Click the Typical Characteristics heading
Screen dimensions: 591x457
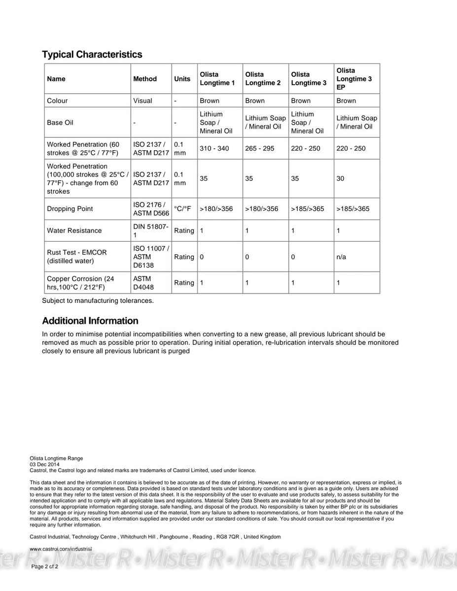tap(92, 55)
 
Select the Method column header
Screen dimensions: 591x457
tap(145, 79)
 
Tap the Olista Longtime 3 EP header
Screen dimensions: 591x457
tap(354, 79)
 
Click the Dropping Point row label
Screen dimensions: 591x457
tap(70, 209)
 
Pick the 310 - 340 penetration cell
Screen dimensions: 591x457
tap(214, 148)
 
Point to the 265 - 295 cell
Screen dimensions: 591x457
tap(260, 148)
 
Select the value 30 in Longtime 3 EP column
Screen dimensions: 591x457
tap(341, 179)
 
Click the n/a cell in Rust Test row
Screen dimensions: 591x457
tap(342, 257)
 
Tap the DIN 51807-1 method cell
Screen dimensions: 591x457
tap(150, 230)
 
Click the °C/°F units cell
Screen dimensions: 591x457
tap(182, 209)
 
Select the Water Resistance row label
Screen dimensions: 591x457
tap(74, 230)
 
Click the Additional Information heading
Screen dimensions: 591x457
tap(90, 321)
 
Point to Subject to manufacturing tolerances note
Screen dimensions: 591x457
tap(98, 300)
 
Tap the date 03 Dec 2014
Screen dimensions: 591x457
tap(45, 464)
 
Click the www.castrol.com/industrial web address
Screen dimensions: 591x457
tap(61, 549)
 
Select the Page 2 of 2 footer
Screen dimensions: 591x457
tap(45, 566)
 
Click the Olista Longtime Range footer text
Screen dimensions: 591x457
tap(57, 459)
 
